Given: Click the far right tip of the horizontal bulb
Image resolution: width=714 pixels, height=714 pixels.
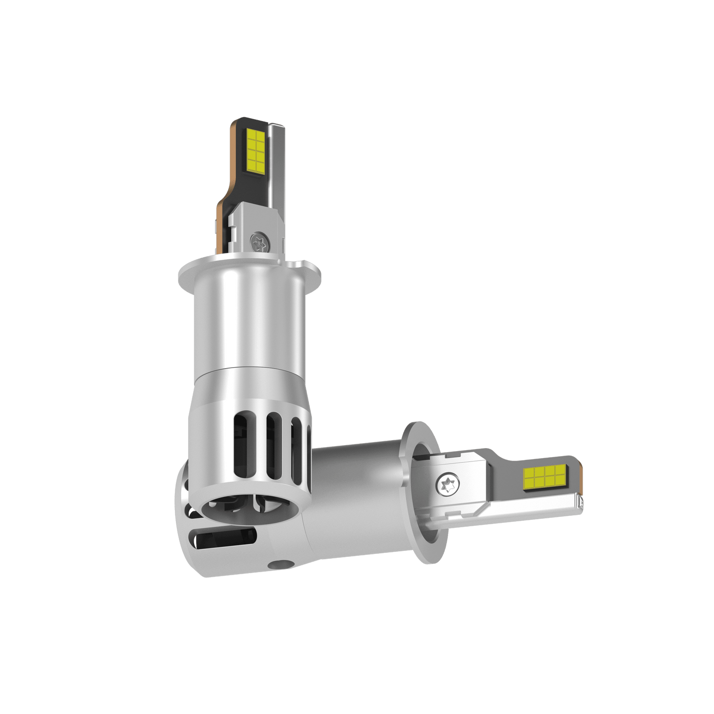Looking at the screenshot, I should (x=581, y=502).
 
